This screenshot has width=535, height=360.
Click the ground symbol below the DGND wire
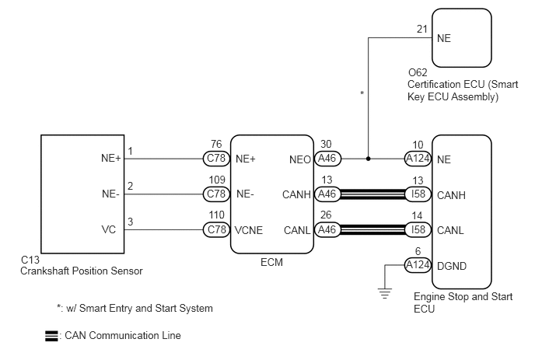click(x=384, y=293)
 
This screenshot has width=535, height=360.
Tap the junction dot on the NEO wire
click(x=368, y=159)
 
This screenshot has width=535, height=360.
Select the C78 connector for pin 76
click(x=216, y=159)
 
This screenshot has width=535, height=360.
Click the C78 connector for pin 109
click(x=216, y=194)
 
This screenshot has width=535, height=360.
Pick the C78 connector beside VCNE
click(x=216, y=229)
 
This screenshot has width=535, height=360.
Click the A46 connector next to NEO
click(x=327, y=159)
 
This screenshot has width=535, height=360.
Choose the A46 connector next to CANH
click(x=327, y=194)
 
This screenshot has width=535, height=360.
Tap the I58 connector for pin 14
click(x=418, y=229)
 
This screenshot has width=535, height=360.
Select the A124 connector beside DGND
click(x=418, y=265)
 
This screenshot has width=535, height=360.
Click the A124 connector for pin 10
click(x=418, y=159)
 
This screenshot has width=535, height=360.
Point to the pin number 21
click(x=422, y=29)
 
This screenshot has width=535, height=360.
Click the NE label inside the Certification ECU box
click(x=444, y=38)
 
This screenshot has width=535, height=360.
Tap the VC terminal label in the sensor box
click(x=109, y=229)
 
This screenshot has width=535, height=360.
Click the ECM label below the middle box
click(x=271, y=262)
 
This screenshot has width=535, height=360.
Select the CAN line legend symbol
click(x=51, y=336)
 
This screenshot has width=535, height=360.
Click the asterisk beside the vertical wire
click(x=362, y=93)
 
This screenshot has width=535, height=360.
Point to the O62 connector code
click(x=418, y=72)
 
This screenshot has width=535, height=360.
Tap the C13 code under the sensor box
click(x=30, y=260)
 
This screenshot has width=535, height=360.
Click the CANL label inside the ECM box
click(x=297, y=230)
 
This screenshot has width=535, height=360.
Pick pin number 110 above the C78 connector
click(x=216, y=215)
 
